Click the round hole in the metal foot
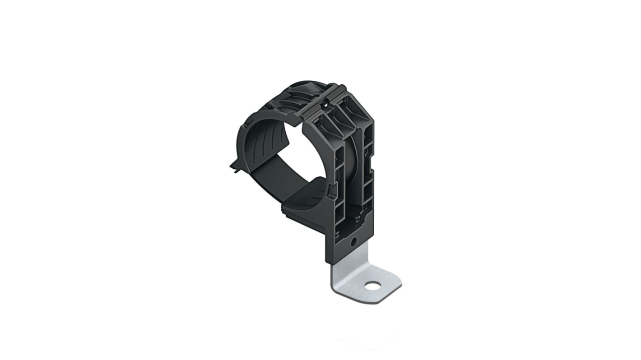(x=372, y=286)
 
